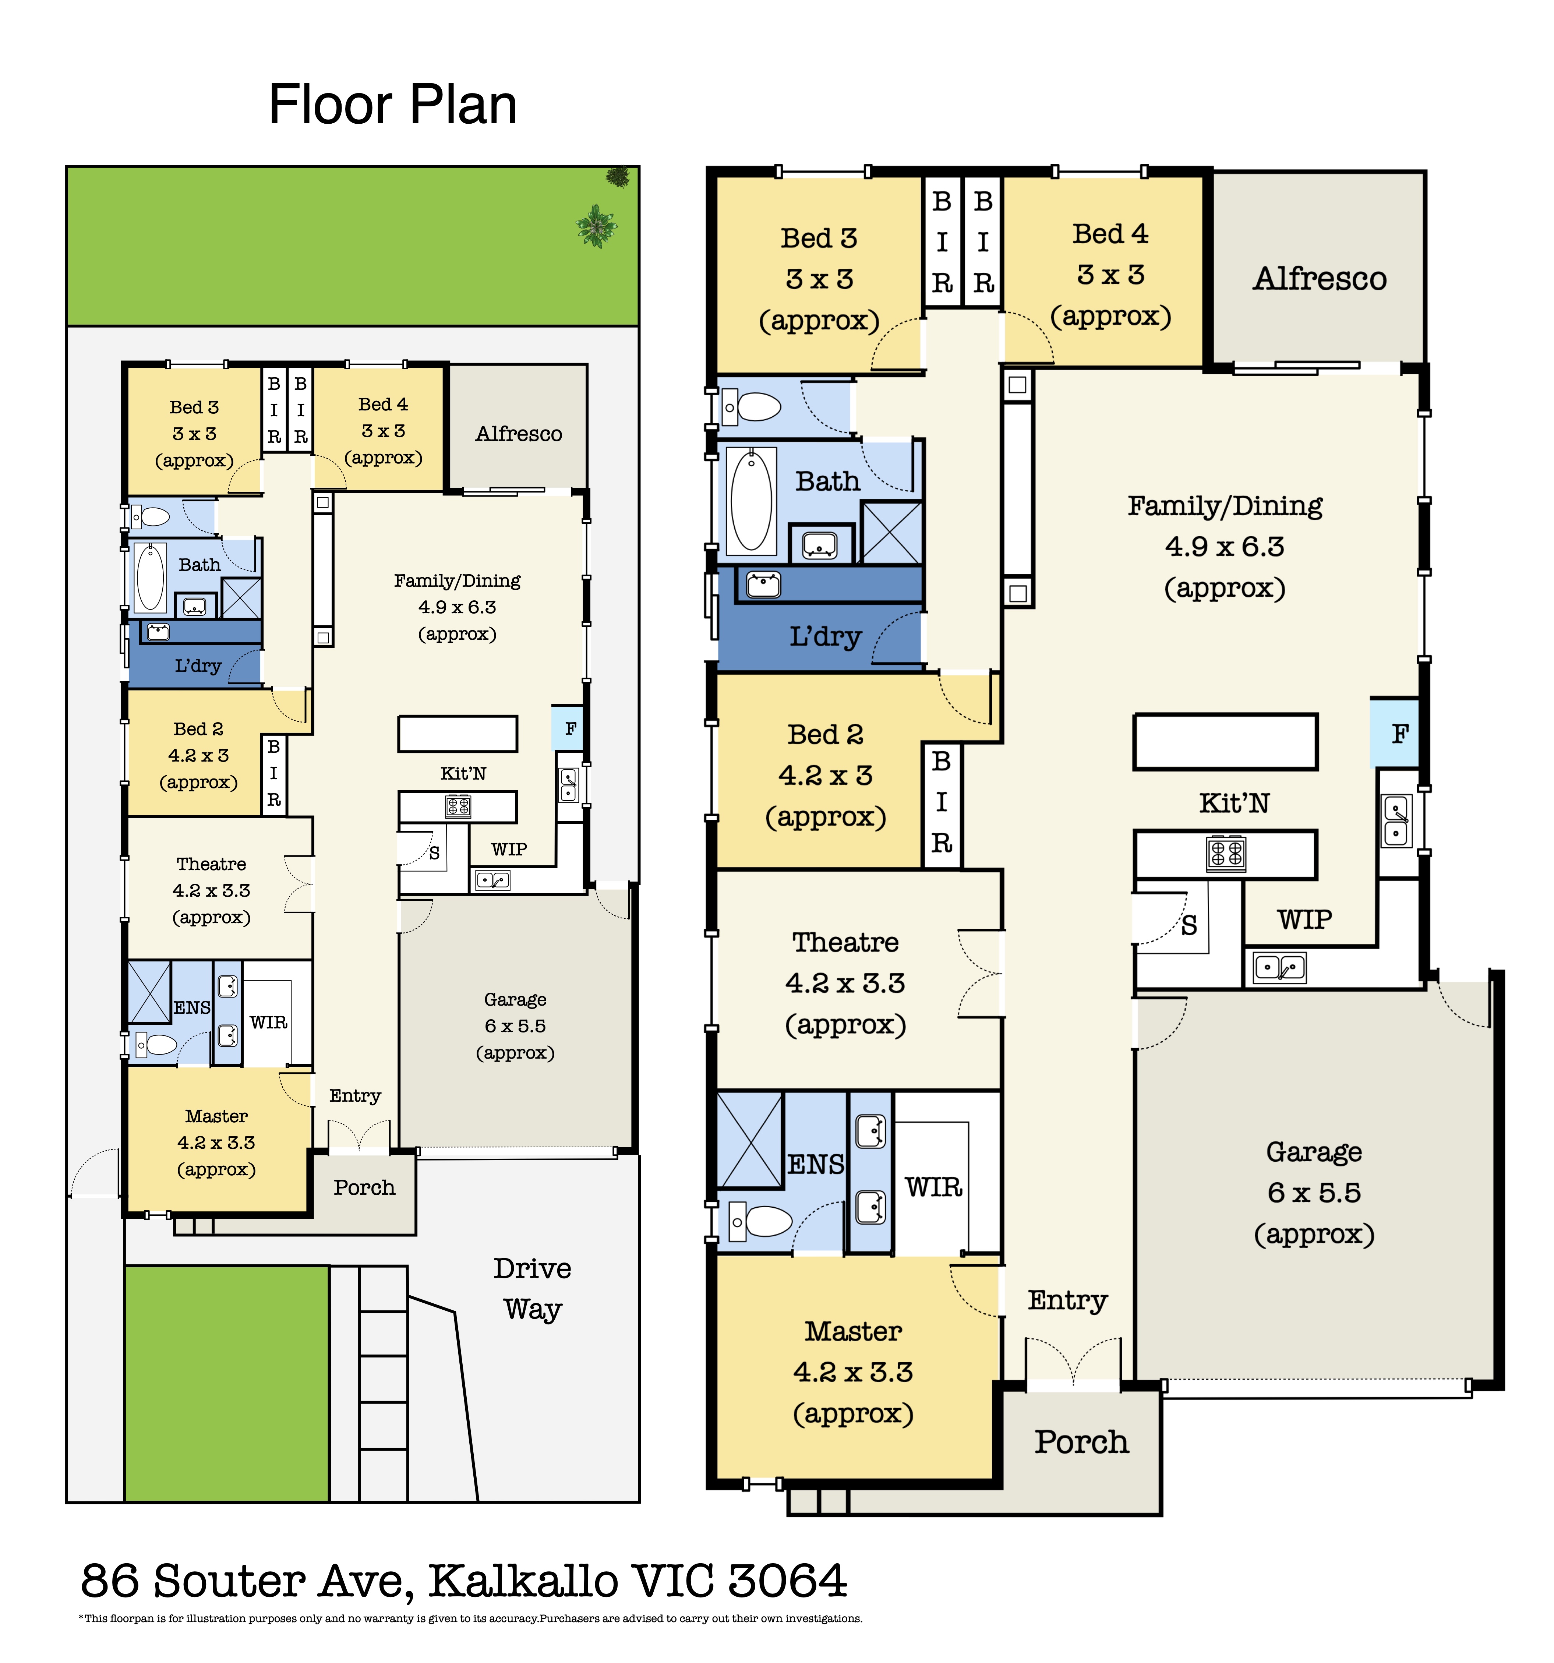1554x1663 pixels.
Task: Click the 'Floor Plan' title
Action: [392, 105]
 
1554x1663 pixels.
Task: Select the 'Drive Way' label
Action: [532, 1288]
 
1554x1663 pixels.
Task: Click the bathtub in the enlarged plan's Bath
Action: [751, 500]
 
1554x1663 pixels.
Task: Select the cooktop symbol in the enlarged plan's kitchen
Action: [1226, 853]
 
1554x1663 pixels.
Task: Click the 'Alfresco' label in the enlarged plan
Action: [1319, 279]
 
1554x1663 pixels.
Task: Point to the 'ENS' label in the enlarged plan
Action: [816, 1165]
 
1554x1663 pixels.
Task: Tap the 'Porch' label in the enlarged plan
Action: [1081, 1441]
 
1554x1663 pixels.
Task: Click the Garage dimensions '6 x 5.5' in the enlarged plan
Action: [1314, 1193]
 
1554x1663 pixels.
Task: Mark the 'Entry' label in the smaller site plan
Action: [354, 1096]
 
